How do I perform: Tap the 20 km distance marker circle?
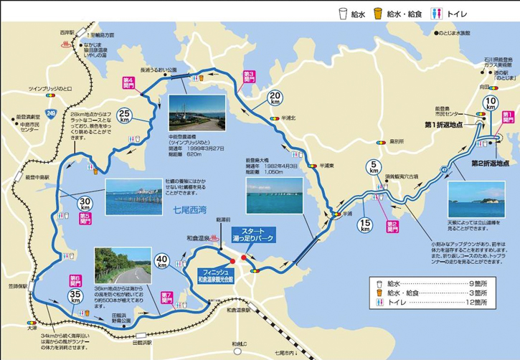(275, 98)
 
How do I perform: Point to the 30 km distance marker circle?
(85, 203)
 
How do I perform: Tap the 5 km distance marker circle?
(374, 170)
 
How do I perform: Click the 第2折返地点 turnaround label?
(494, 163)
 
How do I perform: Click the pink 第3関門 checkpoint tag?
(250, 75)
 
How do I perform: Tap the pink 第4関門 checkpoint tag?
(129, 82)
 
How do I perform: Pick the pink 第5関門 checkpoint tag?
(85, 216)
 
